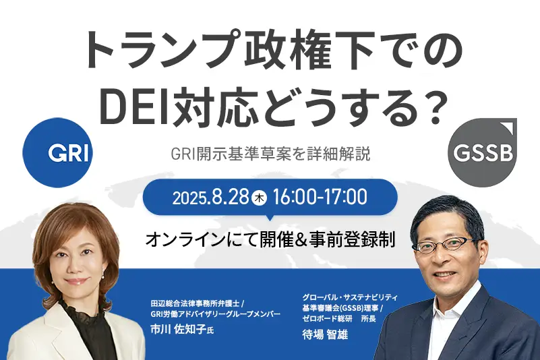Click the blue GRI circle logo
[57, 152]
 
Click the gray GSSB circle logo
[483, 153]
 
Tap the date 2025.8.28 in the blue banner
[210, 198]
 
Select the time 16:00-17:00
[320, 198]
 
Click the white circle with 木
[260, 198]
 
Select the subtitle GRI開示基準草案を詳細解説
[271, 154]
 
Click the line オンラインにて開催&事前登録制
[270, 239]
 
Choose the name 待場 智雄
[325, 334]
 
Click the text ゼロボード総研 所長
[339, 319]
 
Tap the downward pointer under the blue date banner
[270, 218]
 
